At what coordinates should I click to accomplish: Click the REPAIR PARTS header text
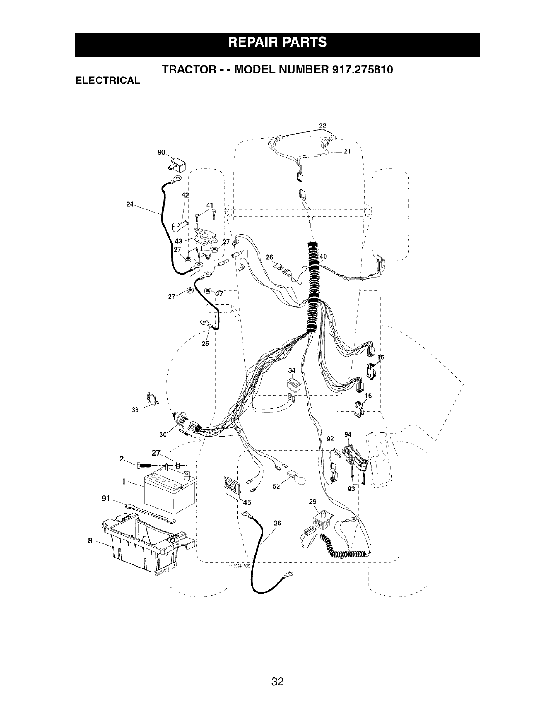click(x=277, y=43)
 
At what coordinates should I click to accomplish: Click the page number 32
click(x=277, y=669)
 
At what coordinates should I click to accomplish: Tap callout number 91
click(x=106, y=499)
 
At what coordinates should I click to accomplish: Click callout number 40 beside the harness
click(x=323, y=256)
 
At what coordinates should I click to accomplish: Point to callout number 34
click(x=292, y=371)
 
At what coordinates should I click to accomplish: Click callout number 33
click(x=135, y=410)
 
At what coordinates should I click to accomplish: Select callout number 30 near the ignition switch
click(x=163, y=434)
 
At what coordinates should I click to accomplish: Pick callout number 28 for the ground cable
click(x=277, y=523)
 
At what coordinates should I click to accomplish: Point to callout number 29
click(x=312, y=502)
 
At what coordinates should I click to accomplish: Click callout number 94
click(x=348, y=434)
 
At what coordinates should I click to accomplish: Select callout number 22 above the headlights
click(x=323, y=126)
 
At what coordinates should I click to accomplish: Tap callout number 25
click(x=205, y=344)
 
